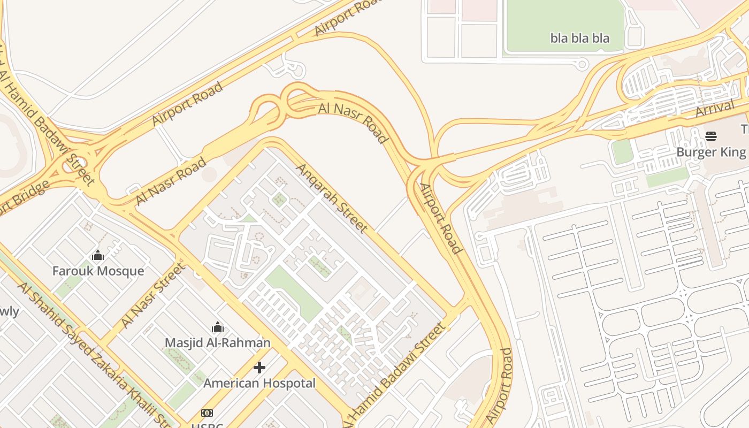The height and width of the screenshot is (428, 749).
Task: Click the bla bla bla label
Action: click(x=580, y=38)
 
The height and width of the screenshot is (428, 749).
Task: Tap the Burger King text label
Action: click(x=711, y=152)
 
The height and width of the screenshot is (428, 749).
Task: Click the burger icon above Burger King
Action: click(x=711, y=136)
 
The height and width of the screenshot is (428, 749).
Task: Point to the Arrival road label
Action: click(x=715, y=109)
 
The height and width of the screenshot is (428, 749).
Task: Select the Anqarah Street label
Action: click(x=332, y=198)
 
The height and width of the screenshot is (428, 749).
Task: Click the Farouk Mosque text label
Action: click(x=98, y=271)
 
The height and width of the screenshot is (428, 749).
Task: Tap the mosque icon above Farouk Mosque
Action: click(x=98, y=256)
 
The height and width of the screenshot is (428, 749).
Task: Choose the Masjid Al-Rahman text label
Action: click(x=217, y=342)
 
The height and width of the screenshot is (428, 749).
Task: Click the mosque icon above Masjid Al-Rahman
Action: click(x=218, y=327)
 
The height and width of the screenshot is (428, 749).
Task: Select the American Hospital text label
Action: click(x=259, y=383)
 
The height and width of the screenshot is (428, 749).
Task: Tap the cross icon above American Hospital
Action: click(x=259, y=368)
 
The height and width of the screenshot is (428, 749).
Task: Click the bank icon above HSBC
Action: click(x=207, y=413)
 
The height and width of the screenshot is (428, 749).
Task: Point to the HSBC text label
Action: click(x=207, y=425)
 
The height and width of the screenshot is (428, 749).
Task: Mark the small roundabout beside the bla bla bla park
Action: click(x=582, y=65)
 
